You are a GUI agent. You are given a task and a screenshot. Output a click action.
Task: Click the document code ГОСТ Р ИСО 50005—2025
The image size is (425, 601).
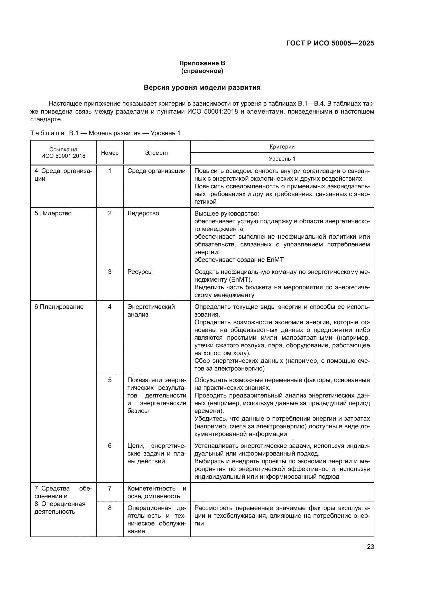(x=330, y=43)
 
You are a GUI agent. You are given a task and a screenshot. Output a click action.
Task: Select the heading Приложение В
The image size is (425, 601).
(x=202, y=63)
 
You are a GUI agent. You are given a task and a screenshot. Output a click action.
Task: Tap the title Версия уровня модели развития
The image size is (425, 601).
(x=202, y=87)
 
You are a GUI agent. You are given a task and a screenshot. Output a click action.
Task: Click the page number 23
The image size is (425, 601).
(x=370, y=547)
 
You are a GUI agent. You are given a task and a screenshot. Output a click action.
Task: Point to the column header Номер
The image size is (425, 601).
(x=110, y=153)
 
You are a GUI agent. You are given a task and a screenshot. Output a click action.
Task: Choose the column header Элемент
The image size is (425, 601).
(x=157, y=153)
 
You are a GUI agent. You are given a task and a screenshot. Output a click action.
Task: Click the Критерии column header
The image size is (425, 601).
(x=282, y=146)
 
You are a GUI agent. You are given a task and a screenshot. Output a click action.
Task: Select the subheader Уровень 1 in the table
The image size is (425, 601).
(x=282, y=159)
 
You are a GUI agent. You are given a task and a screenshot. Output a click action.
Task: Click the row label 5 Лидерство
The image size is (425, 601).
(x=53, y=213)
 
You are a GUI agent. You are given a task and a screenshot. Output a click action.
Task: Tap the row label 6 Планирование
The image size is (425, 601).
(x=59, y=307)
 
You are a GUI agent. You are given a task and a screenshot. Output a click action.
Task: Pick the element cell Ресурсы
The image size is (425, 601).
(x=140, y=272)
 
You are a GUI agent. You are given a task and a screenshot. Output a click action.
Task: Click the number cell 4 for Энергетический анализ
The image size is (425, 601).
(x=110, y=307)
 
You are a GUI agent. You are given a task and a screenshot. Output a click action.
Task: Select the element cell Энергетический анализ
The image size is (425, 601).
(x=151, y=310)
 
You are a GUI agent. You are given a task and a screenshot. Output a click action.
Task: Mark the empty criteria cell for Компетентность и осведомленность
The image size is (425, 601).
(x=282, y=492)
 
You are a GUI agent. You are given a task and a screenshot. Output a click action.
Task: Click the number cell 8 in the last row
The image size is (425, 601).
(x=110, y=508)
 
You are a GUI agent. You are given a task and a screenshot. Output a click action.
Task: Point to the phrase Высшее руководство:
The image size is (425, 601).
(x=227, y=213)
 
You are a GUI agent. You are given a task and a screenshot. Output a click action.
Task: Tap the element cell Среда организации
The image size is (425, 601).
(x=156, y=171)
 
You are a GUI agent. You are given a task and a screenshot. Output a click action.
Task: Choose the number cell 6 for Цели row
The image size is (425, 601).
(x=110, y=446)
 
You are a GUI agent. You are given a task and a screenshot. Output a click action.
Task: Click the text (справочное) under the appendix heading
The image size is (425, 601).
(x=202, y=71)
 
